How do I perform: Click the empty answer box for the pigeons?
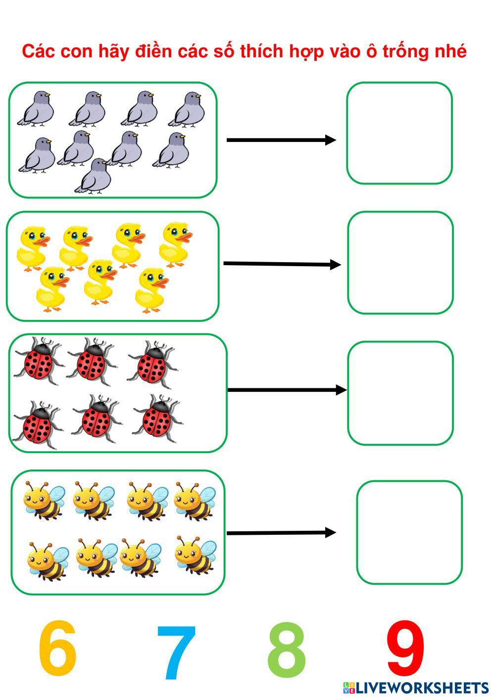(x=399, y=133)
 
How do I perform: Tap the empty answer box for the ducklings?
(x=400, y=263)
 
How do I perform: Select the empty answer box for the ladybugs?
(x=400, y=393)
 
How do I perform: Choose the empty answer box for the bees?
(x=409, y=532)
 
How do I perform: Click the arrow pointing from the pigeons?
(x=281, y=140)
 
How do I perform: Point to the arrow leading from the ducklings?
(x=282, y=264)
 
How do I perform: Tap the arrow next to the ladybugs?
(x=287, y=390)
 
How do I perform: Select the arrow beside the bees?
(x=281, y=533)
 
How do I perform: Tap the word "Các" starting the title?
(x=39, y=51)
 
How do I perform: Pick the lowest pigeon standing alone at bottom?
(x=94, y=176)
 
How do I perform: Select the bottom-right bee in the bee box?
(x=196, y=555)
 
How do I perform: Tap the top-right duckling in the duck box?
(x=176, y=243)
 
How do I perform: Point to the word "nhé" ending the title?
(x=450, y=51)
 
